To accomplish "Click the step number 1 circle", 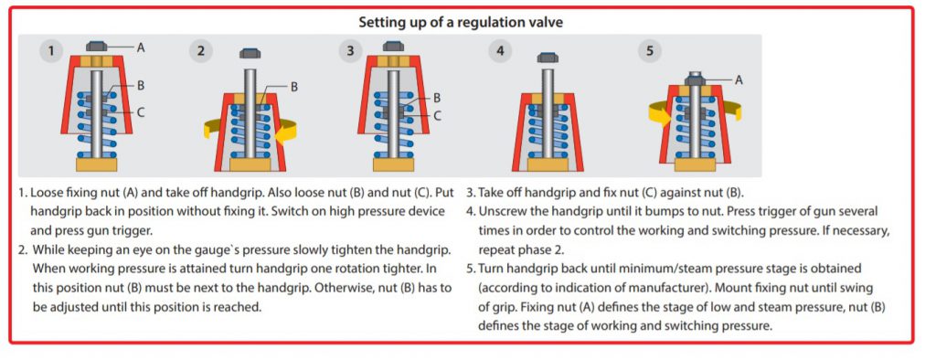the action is pos(51,51).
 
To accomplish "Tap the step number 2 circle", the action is pos(201,51).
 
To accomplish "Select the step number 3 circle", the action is pos(350,51).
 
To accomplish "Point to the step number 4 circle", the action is pos(500,51).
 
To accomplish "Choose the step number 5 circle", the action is pos(650,51).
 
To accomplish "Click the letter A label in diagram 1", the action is pos(141,48).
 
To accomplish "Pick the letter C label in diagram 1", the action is pos(141,111).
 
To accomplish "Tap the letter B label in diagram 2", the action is pos(293,87).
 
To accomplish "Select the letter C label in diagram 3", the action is pos(437,115).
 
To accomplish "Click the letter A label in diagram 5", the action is pos(739,79).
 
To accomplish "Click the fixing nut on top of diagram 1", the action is pos(97,46).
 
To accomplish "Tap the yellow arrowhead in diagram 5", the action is pos(662,116).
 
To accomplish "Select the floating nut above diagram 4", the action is pos(548,58).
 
